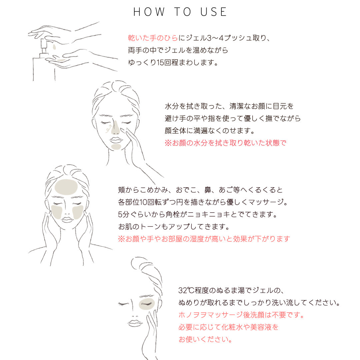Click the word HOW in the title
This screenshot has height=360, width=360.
click(149, 12)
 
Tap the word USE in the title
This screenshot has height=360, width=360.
click(214, 12)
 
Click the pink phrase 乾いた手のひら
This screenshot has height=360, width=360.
click(153, 38)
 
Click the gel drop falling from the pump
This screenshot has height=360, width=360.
click(54, 47)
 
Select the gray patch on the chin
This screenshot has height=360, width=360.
click(116, 146)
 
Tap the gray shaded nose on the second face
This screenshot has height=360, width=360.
click(115, 128)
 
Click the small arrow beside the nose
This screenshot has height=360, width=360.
click(108, 129)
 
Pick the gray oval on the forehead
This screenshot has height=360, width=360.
click(66, 187)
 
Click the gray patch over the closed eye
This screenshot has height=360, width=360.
click(147, 304)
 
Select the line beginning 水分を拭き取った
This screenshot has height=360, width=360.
click(229, 106)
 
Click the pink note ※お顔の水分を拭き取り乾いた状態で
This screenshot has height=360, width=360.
click(225, 143)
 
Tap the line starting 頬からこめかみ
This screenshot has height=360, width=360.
click(200, 190)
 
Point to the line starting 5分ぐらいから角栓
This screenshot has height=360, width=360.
click(198, 214)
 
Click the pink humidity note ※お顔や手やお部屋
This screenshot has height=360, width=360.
click(204, 239)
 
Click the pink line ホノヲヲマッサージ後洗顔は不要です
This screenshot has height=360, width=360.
click(241, 315)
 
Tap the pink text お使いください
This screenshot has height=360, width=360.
click(205, 339)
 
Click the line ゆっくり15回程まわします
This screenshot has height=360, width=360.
click(173, 62)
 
